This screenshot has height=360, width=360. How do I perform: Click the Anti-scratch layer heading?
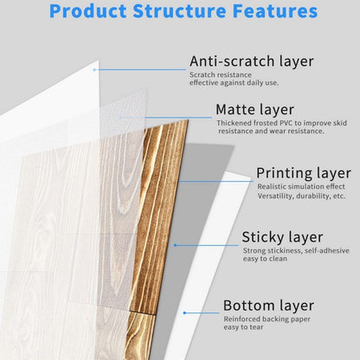tap(251, 61)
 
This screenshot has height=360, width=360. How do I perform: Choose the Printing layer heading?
tap(304, 173)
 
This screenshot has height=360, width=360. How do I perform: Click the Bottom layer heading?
tap(268, 305)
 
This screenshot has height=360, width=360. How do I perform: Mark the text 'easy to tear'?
tap(243, 327)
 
